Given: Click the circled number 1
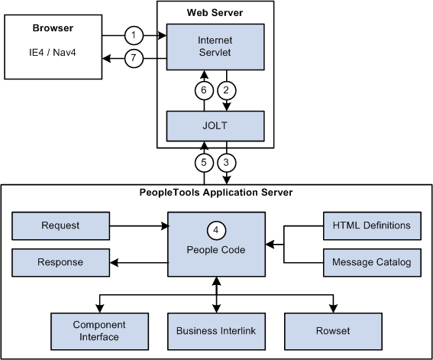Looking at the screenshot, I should pyautogui.click(x=134, y=35).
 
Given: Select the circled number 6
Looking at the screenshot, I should pyautogui.click(x=204, y=89).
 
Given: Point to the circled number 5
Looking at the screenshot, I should pyautogui.click(x=204, y=162).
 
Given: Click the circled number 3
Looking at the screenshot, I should pyautogui.click(x=227, y=162).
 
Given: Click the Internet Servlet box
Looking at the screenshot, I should pyautogui.click(x=215, y=45).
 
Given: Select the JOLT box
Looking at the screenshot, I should pyautogui.click(x=215, y=123).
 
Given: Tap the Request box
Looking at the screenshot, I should pyautogui.click(x=61, y=225).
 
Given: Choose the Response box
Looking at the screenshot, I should pyautogui.click(x=61, y=262).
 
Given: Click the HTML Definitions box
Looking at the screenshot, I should pyautogui.click(x=371, y=225).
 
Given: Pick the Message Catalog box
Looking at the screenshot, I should pyautogui.click(x=371, y=262).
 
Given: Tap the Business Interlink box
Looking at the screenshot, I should pyautogui.click(x=215, y=330).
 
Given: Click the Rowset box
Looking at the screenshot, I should pyautogui.click(x=334, y=330).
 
